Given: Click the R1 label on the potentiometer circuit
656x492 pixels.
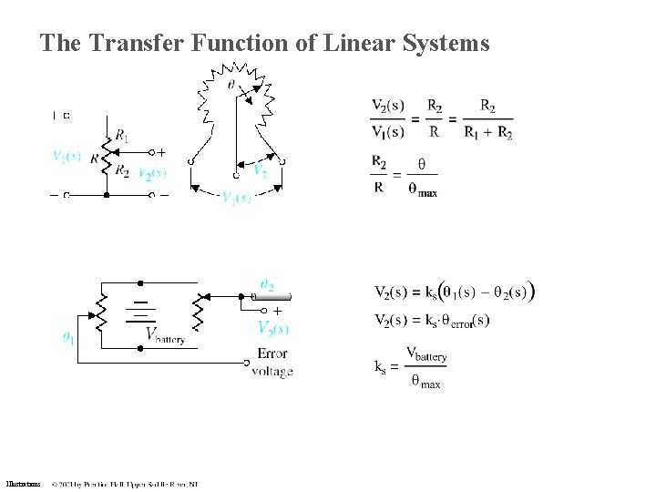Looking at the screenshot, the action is tap(121, 135).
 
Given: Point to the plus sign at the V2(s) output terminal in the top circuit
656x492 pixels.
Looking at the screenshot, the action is tap(163, 152).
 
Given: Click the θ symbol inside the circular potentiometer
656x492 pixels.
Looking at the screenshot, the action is tap(232, 84).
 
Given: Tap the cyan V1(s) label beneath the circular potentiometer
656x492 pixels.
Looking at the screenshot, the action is tap(236, 198).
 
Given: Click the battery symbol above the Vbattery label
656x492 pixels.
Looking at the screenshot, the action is tap(140, 309).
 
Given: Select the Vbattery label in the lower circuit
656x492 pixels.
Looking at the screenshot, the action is tap(165, 335).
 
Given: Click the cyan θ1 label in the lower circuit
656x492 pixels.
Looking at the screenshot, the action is tap(69, 337).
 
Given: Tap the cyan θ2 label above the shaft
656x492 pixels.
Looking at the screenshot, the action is tap(267, 285).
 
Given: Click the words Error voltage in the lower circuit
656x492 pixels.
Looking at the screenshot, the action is tap(272, 362).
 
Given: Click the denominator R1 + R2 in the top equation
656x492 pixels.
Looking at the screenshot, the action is tap(487, 133).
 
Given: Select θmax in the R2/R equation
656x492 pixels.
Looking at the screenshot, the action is tap(422, 190).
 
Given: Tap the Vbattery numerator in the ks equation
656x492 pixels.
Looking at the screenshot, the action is tap(425, 354).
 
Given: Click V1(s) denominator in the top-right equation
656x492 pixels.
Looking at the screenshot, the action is tap(387, 132).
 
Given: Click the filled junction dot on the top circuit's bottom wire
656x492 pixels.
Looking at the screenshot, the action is tap(106, 195).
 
